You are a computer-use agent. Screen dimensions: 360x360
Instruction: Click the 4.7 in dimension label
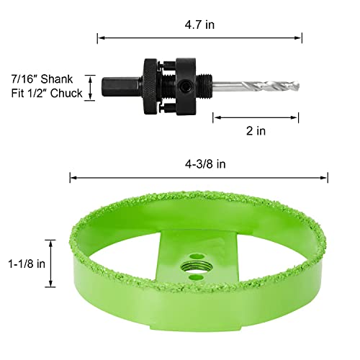199,24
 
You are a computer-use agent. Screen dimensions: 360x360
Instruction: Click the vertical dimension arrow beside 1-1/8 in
51,264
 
